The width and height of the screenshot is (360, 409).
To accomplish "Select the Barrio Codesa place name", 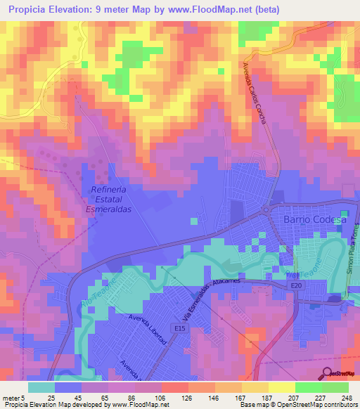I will click(x=314, y=220).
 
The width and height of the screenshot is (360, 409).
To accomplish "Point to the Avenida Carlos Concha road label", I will click(x=255, y=91).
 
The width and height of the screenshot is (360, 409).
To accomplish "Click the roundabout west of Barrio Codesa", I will click(x=269, y=209).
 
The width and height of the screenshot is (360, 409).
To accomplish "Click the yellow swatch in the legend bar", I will click(x=282, y=387).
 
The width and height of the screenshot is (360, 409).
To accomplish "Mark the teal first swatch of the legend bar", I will click(x=41, y=387).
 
